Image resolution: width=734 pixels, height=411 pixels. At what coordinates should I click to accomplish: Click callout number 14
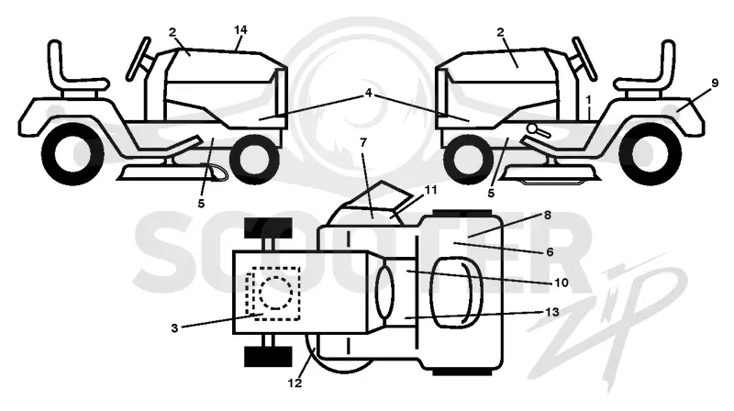pos(240,30)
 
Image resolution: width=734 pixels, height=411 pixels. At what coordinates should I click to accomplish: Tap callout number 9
pos(715,83)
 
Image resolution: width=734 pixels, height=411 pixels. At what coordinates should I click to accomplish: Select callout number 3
pos(174,328)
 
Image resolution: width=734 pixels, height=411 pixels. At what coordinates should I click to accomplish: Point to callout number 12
pos(295,383)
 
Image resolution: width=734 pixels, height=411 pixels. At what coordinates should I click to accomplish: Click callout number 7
pos(363,142)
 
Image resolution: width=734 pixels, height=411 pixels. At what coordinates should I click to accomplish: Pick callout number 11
pos(430,190)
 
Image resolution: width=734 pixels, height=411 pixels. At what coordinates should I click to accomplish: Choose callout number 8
pos(547,215)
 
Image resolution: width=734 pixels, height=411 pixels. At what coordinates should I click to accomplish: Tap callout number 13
pos(553,312)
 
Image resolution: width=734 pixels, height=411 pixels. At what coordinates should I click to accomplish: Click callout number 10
pos(562,283)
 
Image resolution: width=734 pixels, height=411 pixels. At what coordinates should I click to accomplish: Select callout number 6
pos(550,252)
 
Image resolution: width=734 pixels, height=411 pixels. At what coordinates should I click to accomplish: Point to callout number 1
pos(588,100)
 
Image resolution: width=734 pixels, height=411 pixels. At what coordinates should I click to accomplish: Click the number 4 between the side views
pos(369,94)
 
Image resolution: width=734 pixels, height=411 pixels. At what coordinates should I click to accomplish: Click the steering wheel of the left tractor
pos(139,59)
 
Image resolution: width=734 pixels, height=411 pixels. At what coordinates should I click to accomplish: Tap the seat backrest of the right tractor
pos(668,60)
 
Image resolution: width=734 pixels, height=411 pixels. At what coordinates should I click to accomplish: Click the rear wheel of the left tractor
pos(72,153)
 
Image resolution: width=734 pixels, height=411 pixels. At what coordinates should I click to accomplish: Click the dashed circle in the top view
pos(276,293)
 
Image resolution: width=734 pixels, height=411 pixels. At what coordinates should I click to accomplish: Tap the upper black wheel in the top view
pos(268,227)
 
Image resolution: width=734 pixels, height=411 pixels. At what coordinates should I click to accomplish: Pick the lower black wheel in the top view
pos(268,357)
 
